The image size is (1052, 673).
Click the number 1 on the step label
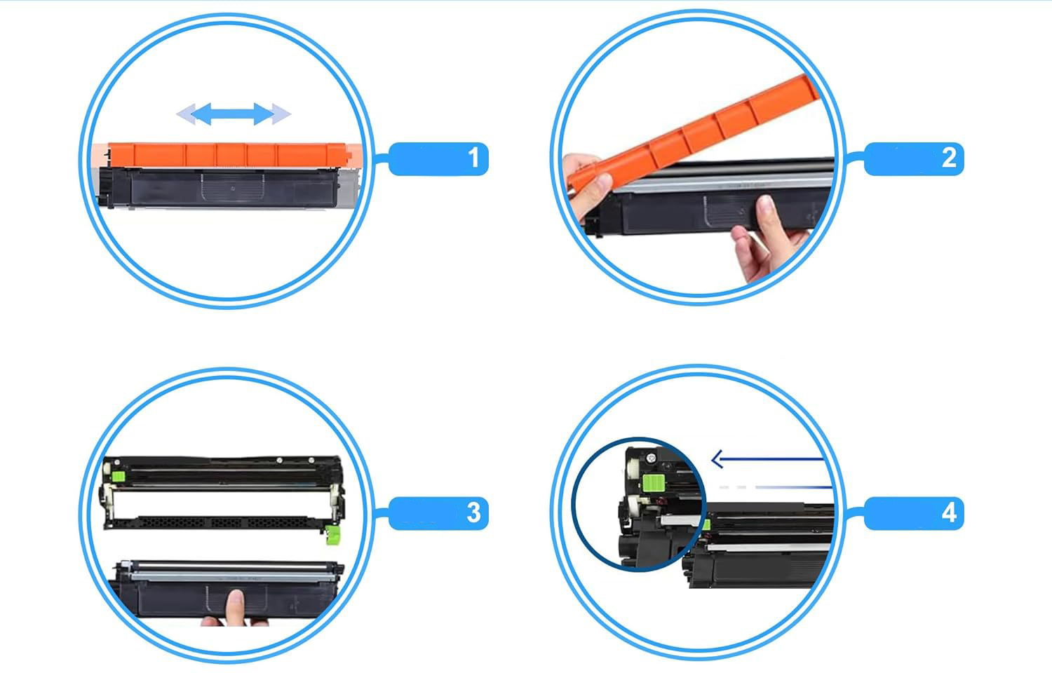click(x=474, y=158)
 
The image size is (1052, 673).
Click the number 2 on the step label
click(x=949, y=158)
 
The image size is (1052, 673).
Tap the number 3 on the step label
click(x=474, y=512)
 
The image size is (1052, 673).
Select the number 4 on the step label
click(x=949, y=512)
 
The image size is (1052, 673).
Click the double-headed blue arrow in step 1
click(x=233, y=114)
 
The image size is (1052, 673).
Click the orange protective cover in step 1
click(x=228, y=155)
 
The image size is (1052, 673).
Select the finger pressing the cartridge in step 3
click(x=235, y=608)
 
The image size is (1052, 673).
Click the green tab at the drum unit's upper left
click(x=118, y=477)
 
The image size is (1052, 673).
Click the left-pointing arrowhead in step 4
click(x=717, y=459)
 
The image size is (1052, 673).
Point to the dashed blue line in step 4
click(x=776, y=487)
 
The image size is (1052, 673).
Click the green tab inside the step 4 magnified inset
click(x=652, y=482)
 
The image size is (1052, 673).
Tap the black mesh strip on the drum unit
click(x=224, y=522)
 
